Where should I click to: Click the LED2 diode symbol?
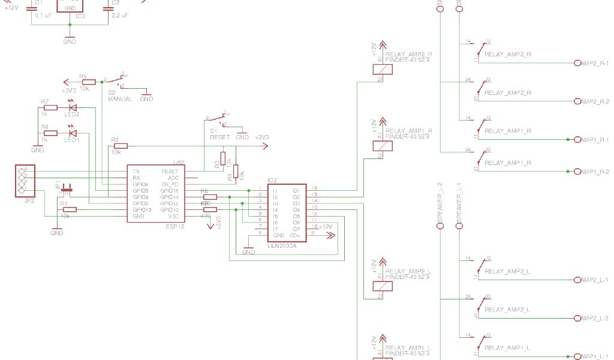pyautogui.click(x=73, y=108)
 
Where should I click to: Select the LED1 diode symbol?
pyautogui.click(x=73, y=133)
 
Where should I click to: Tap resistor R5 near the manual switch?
pyautogui.click(x=88, y=81)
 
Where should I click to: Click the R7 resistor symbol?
pyautogui.click(x=50, y=108)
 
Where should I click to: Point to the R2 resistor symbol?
pyautogui.click(x=120, y=145)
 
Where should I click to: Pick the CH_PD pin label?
pyautogui.click(x=170, y=184)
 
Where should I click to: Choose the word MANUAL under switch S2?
pyautogui.click(x=120, y=99)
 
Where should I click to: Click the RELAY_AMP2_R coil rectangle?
pyautogui.click(x=383, y=68)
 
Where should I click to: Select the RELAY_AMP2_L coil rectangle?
pyautogui.click(x=383, y=286)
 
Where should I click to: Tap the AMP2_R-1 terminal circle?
pyautogui.click(x=577, y=63)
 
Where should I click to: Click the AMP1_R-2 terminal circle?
pyautogui.click(x=577, y=172)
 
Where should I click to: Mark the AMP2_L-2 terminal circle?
pyautogui.click(x=577, y=318)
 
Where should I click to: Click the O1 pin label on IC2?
pyautogui.click(x=296, y=190)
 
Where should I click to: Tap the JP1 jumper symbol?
pyautogui.click(x=67, y=190)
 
